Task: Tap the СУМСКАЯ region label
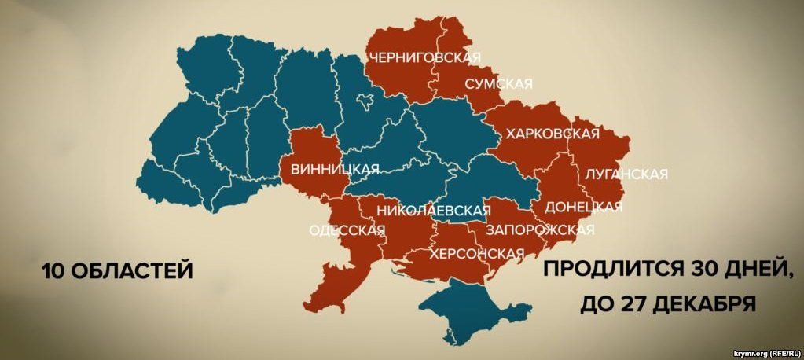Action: coord(498,83)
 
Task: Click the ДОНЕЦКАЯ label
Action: coord(582,207)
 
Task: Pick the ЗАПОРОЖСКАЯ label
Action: coord(540,230)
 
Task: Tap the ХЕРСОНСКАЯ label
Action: coord(476,253)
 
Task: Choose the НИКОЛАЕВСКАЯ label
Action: coord(433,210)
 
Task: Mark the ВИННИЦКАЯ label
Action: coord(335,169)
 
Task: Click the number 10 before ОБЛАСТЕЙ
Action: coord(54,271)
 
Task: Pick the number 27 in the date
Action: coord(634,303)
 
